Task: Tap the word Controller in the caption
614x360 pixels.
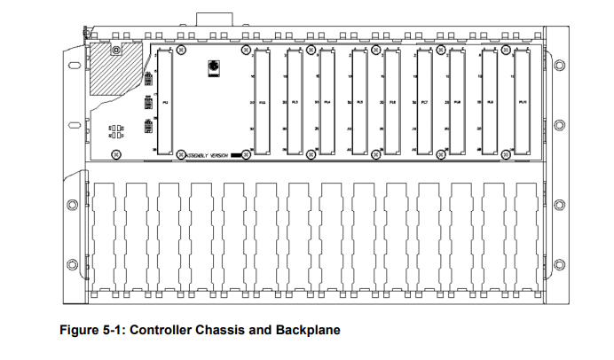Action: (x=168, y=331)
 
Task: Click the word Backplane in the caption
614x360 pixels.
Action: (x=307, y=331)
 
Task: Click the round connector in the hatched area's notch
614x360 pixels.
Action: (x=115, y=50)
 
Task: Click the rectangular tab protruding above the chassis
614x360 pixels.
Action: (x=213, y=19)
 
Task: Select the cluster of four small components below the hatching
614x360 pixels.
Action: (x=116, y=131)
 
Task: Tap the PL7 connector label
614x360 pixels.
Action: (x=425, y=103)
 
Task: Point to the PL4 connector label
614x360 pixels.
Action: (x=327, y=103)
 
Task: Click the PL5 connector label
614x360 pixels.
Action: (x=360, y=103)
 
